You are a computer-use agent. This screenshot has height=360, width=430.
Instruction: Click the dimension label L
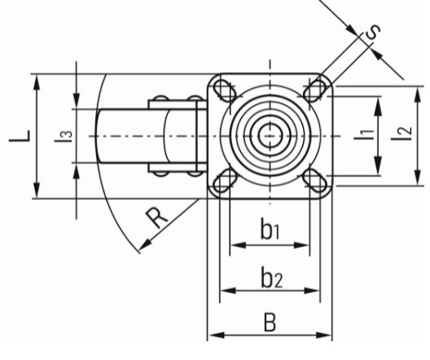click(x=20, y=136)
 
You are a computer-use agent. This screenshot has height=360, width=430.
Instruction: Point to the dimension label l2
click(x=402, y=134)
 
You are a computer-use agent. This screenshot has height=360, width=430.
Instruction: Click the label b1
click(x=270, y=229)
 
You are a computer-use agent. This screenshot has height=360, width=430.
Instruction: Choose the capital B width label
click(x=270, y=323)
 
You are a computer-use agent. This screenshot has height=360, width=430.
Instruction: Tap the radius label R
click(x=156, y=218)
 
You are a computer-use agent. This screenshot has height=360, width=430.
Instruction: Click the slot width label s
click(x=373, y=33)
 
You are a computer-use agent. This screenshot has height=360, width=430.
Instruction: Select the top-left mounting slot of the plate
click(x=225, y=90)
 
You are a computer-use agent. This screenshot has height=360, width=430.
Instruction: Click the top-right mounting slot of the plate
click(x=315, y=90)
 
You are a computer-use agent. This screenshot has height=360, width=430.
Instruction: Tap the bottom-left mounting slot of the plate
click(x=226, y=181)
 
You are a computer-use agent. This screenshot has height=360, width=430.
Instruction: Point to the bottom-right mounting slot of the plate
click(x=314, y=181)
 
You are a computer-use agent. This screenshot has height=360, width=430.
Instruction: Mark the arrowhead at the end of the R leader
click(x=144, y=245)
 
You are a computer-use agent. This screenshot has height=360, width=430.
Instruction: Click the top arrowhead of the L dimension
click(x=36, y=81)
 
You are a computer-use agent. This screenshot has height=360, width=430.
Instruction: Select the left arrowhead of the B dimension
click(x=217, y=335)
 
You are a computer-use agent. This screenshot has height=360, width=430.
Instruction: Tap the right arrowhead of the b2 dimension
click(x=312, y=290)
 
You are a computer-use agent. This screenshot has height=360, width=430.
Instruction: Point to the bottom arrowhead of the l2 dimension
click(x=418, y=178)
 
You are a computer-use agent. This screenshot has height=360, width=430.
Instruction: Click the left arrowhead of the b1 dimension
click(x=238, y=245)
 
